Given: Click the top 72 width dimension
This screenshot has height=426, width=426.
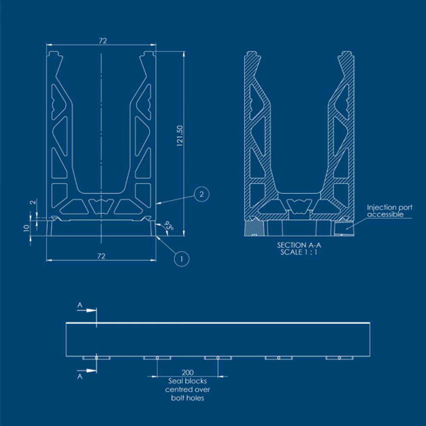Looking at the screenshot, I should point(103,40).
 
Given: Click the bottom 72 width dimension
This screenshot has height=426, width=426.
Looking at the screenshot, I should point(101,256).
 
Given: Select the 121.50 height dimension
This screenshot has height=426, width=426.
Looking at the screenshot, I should point(179,136).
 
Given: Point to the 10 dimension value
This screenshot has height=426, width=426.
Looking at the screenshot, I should point(26,228).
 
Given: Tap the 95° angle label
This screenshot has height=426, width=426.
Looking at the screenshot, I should point(169,226).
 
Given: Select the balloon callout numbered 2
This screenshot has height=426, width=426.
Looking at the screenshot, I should point(201,194).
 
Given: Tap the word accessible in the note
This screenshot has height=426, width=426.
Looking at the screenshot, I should point(385,214).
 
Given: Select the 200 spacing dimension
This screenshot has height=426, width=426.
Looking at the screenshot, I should point(187,373).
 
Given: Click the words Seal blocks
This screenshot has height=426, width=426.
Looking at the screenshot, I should point(187,381).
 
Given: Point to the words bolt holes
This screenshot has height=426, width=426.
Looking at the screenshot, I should point(187,398).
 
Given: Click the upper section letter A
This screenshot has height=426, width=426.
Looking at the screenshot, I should point(80,305).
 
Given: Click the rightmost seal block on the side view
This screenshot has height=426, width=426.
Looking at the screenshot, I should point(339,358).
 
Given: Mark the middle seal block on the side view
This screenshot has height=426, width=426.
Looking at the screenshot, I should point(218,358).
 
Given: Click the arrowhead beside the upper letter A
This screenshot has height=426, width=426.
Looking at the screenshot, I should point(91,310).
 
